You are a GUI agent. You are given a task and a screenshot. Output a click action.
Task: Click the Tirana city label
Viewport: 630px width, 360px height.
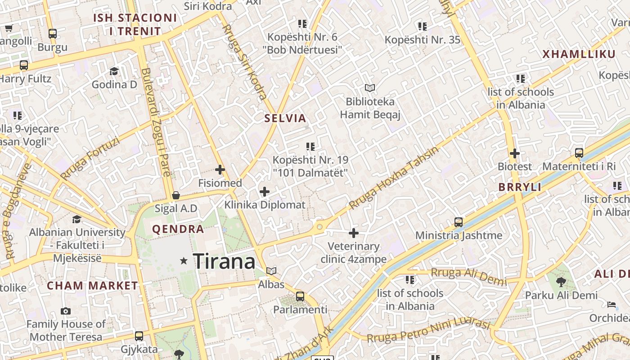224,261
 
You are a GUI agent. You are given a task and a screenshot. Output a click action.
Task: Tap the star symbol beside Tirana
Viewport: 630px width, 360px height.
184,261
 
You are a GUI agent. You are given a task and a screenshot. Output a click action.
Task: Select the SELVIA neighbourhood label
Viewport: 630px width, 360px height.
285,118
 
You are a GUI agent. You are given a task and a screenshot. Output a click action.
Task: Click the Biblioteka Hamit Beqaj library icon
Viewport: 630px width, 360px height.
370,88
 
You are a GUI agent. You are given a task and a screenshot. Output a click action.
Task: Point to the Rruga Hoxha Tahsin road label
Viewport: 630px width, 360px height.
393,178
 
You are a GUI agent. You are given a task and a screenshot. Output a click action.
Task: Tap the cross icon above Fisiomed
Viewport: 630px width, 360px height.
220,170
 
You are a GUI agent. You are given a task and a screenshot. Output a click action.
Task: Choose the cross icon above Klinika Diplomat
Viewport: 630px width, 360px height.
265,192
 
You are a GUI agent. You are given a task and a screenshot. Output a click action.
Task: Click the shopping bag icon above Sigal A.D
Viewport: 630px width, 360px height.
176,195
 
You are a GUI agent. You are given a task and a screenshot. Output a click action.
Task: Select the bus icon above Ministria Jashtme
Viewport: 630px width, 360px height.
459,222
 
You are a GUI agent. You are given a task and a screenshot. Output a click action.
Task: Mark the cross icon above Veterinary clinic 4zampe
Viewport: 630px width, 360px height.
354,233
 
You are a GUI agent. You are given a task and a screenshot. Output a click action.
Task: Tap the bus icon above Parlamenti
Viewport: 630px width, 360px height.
300,297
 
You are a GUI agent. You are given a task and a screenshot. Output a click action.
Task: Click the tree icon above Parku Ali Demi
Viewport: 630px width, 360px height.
561,282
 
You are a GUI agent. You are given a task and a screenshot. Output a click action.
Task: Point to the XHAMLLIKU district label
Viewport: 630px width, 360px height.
579,54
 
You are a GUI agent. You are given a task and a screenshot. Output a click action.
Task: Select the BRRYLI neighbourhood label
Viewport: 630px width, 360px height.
520,187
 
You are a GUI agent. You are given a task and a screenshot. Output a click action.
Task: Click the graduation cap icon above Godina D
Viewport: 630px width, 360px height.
114,71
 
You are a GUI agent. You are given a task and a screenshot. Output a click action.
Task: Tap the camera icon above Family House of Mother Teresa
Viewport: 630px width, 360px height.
66,311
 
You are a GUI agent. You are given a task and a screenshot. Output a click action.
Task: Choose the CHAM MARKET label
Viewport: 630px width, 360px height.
92,286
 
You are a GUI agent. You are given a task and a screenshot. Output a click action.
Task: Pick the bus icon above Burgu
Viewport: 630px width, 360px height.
53,33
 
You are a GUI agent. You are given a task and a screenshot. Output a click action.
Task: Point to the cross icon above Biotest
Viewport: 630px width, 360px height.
515,153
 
